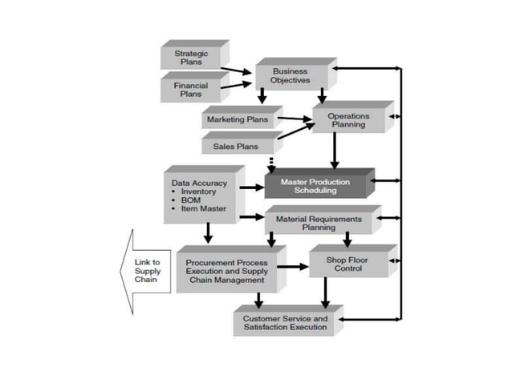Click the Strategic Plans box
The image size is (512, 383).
[191, 58]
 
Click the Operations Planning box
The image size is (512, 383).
[348, 120]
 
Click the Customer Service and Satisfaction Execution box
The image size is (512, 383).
[285, 323]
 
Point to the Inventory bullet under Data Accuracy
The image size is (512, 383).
[198, 192]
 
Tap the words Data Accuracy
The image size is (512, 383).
[199, 183]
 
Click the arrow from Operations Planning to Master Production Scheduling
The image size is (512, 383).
[334, 151]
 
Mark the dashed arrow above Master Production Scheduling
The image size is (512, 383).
[272, 163]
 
